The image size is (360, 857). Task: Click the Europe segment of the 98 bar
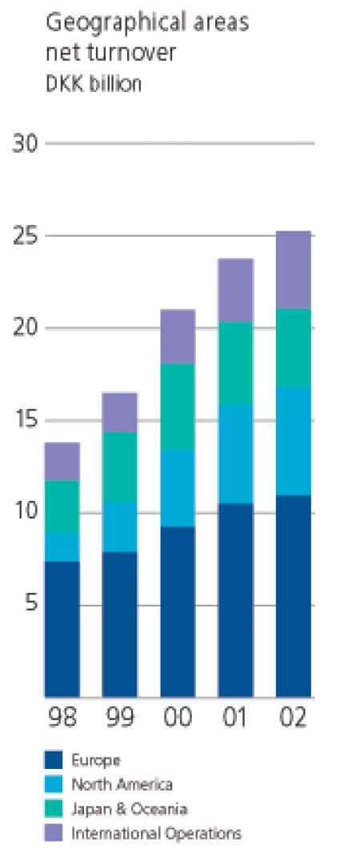coord(62,629)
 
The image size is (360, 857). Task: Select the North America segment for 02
coord(294,441)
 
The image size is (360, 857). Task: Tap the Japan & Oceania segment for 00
coord(178,406)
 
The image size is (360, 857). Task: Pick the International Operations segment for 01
coord(235,290)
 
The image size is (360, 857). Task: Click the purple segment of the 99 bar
coord(120,412)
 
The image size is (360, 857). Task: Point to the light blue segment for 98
coord(62,547)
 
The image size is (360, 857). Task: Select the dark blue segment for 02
coord(294,596)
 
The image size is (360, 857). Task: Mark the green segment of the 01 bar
coord(235,363)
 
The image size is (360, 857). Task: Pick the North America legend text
coord(122,785)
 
